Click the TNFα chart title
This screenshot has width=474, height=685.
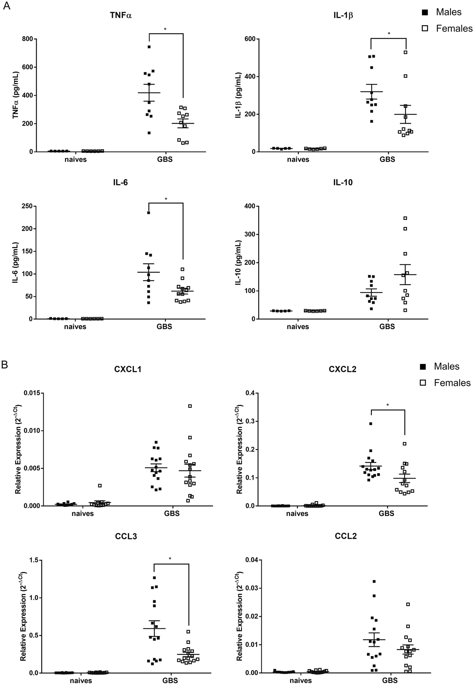click(x=121, y=15)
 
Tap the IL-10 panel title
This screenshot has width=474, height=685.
click(x=343, y=182)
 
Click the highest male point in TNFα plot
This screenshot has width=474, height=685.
click(x=149, y=47)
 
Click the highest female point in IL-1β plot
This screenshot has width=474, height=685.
click(x=405, y=52)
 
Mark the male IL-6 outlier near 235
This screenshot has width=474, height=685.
click(x=149, y=213)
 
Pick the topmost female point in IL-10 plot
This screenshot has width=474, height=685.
click(x=405, y=218)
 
